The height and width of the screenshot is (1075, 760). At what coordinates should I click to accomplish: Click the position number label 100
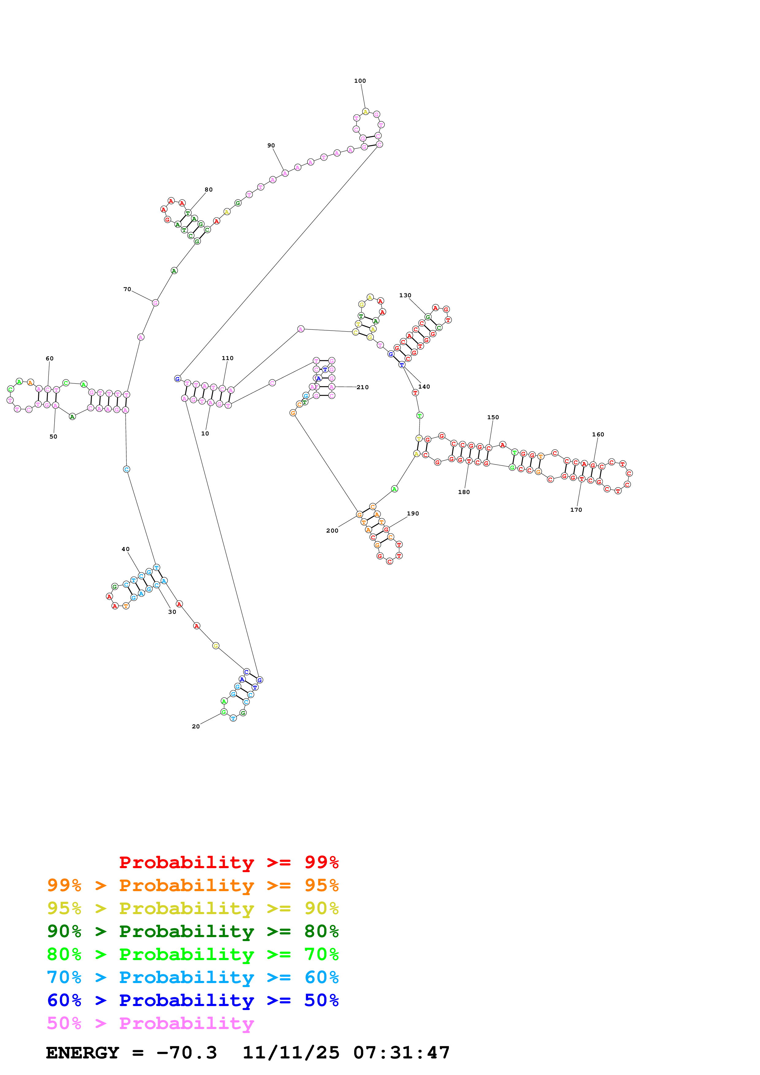point(360,81)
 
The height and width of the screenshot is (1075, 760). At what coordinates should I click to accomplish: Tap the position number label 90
point(271,146)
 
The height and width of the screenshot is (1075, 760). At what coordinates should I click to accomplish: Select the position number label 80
point(208,190)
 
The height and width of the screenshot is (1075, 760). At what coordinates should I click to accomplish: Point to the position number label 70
point(127,289)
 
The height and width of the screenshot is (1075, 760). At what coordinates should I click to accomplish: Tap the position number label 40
point(125,549)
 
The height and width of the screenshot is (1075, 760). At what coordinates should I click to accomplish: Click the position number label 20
point(196,726)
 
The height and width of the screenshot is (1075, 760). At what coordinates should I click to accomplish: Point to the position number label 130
point(405,295)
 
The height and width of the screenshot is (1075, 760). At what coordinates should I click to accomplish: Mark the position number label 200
point(332,530)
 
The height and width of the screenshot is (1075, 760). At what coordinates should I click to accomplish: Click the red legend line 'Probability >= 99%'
point(228,862)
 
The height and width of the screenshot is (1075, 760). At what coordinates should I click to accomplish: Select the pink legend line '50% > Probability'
point(150,1023)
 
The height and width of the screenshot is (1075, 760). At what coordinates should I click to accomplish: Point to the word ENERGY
point(82,1053)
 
